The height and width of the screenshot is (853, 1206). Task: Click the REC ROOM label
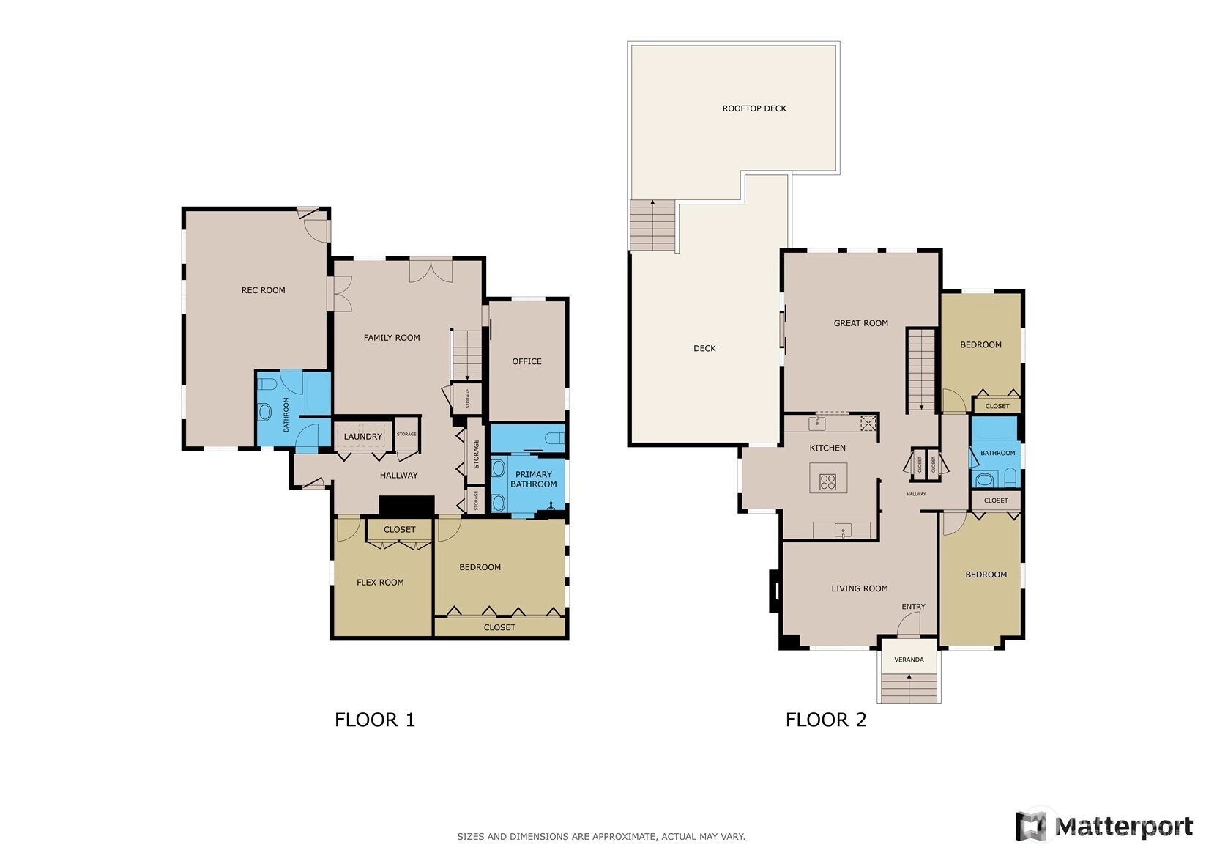(x=264, y=290)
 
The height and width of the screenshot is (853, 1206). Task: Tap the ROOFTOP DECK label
(x=754, y=108)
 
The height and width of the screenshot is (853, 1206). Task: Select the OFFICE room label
(x=526, y=361)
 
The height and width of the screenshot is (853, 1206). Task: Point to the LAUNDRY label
(x=363, y=437)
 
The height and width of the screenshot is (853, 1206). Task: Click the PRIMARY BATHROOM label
(x=534, y=479)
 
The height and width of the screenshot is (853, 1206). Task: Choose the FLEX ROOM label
(x=380, y=583)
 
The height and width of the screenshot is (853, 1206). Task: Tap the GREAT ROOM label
(x=861, y=323)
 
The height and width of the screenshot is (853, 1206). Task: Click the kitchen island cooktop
(x=827, y=481)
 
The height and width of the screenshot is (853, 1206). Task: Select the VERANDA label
(x=909, y=660)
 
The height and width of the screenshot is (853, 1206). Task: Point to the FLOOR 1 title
(x=375, y=720)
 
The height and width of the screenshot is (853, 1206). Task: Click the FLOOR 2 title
(x=826, y=720)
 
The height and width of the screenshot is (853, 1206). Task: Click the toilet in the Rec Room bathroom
(x=267, y=384)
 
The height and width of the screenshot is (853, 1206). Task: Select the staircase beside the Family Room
(x=466, y=355)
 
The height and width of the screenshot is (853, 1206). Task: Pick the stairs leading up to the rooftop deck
(x=652, y=225)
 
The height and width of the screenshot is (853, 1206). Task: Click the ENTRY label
(x=913, y=607)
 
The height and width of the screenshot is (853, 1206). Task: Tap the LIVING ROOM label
(x=859, y=588)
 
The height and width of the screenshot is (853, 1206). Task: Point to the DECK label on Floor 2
(x=704, y=349)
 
